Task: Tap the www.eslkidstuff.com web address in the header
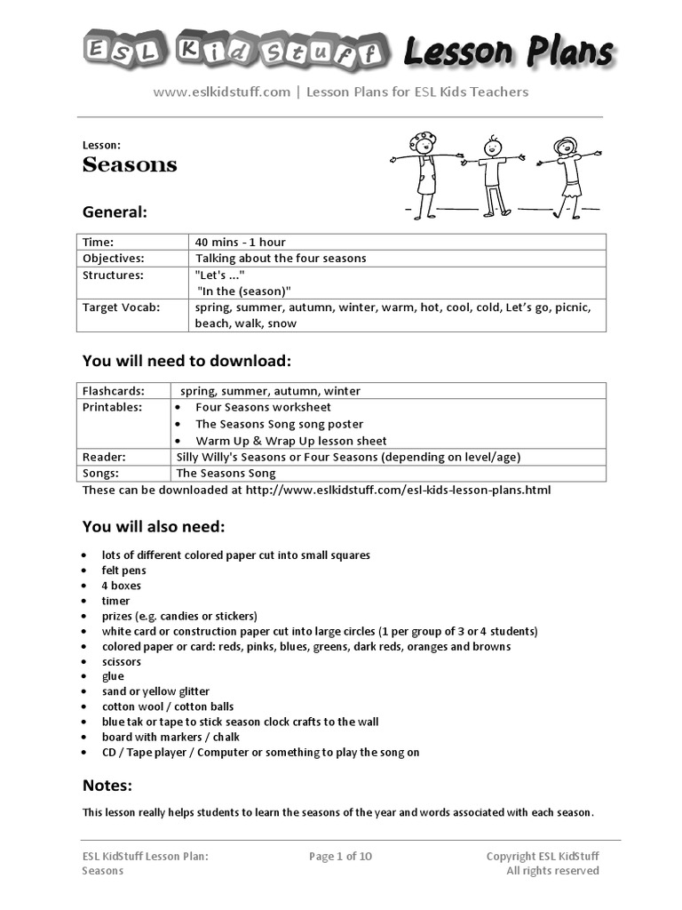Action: [221, 92]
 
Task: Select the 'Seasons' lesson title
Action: [130, 164]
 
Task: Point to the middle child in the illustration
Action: [493, 174]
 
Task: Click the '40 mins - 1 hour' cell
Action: [241, 242]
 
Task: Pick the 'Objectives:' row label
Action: [113, 258]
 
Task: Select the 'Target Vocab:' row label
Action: [121, 307]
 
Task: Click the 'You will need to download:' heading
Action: [186, 361]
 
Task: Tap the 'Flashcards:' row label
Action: [114, 391]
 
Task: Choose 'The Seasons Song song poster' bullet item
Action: [279, 424]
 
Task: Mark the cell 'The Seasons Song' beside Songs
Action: [226, 474]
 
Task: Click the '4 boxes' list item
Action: [121, 586]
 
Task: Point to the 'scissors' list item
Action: [122, 661]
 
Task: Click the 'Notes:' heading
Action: [107, 785]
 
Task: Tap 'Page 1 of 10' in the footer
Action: [340, 856]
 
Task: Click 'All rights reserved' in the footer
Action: [552, 871]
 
